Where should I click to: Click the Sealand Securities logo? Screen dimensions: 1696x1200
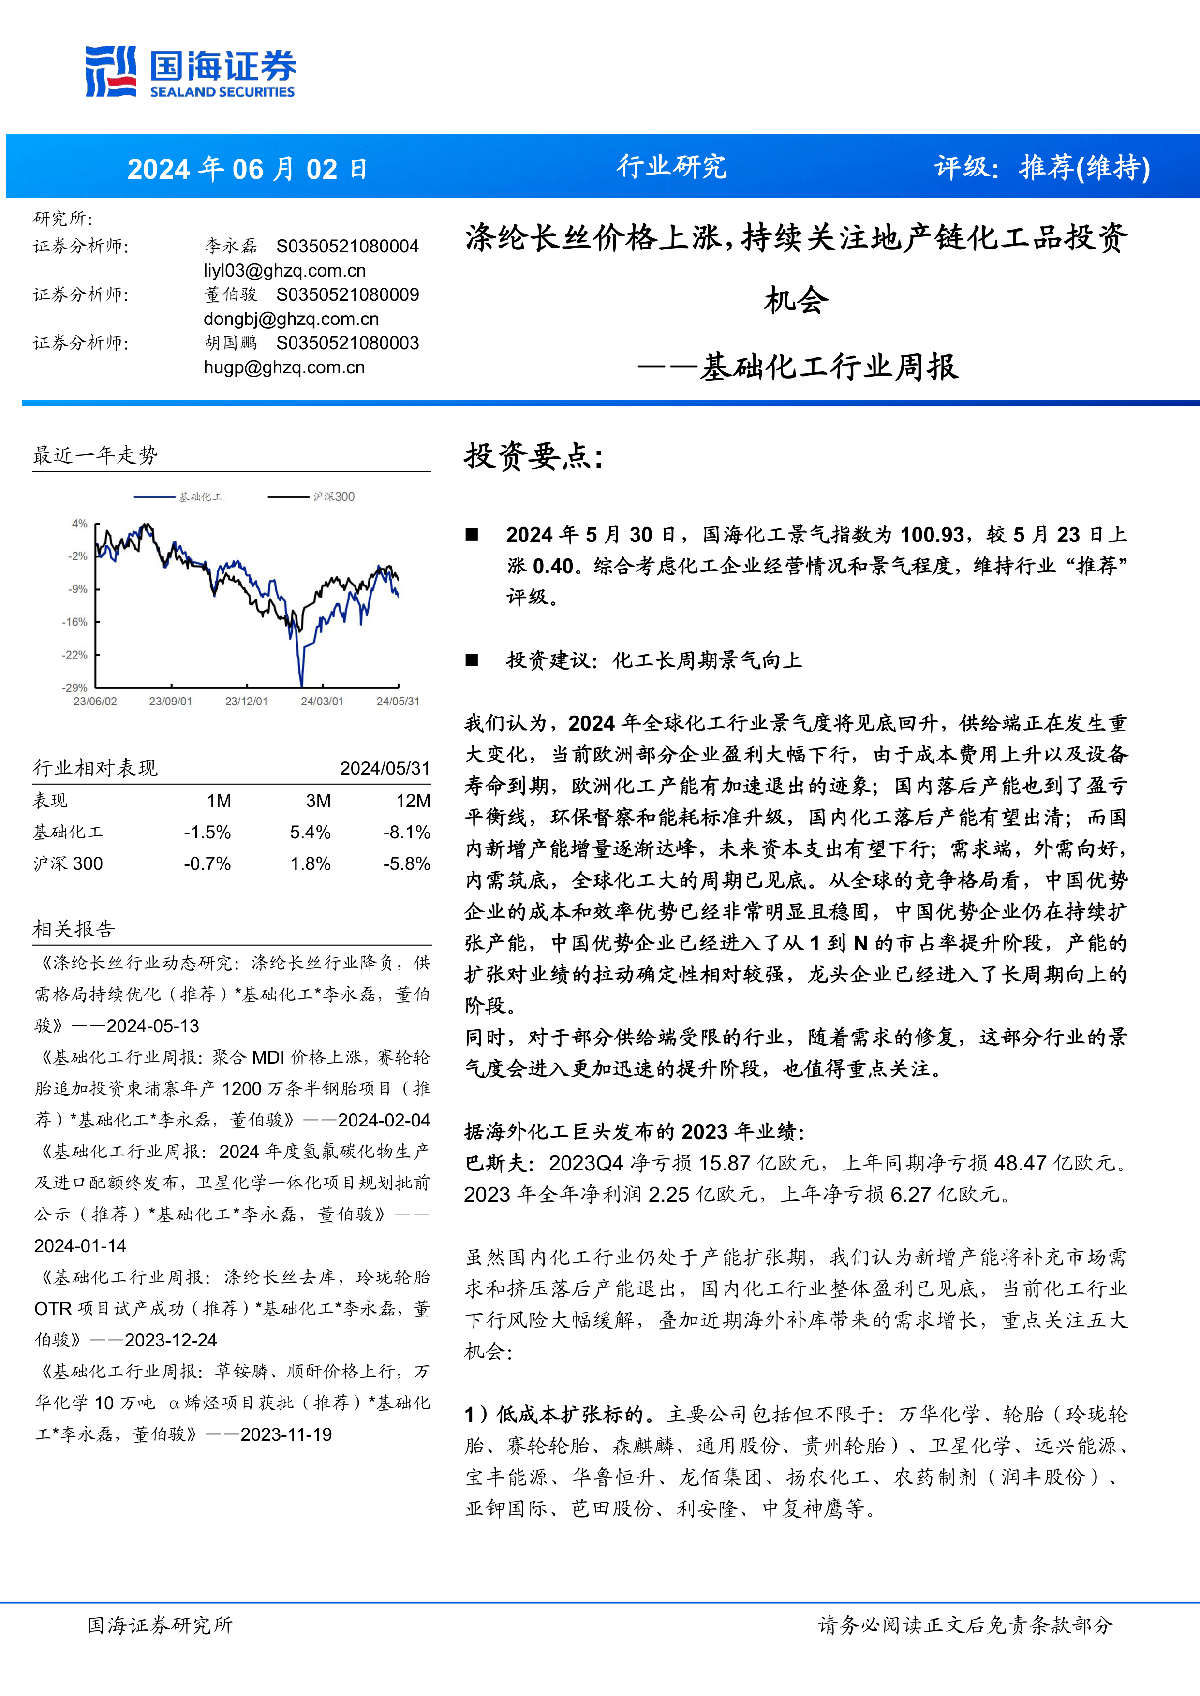click(190, 72)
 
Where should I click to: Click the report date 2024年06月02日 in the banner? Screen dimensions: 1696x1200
click(247, 169)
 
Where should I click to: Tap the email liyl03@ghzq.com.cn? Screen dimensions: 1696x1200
click(284, 270)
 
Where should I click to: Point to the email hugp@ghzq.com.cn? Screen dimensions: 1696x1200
click(284, 367)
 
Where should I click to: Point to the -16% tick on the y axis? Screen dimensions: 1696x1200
click(74, 622)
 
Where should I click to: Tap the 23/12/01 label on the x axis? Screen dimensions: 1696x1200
click(246, 701)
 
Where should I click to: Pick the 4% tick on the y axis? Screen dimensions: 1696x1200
click(79, 524)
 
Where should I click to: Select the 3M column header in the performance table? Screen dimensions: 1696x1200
click(318, 801)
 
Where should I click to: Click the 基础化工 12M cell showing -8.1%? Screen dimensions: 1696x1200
click(406, 833)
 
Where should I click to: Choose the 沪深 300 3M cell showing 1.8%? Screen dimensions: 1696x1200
click(311, 863)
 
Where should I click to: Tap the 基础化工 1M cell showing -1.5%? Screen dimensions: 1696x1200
click(207, 833)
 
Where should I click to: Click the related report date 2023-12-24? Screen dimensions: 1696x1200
click(171, 1340)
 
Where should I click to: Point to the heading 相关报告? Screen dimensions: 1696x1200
click(74, 929)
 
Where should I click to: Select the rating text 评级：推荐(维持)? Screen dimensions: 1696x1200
click(1042, 168)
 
